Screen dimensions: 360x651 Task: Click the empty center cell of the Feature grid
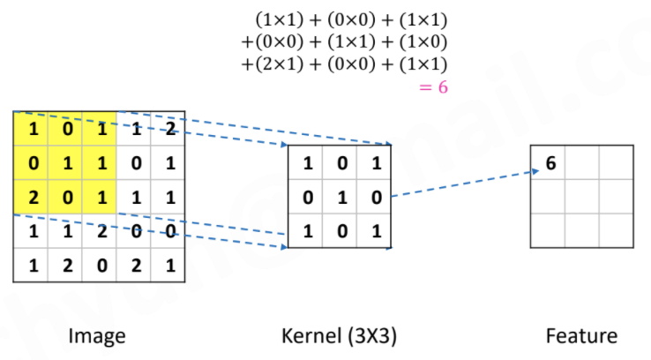582,196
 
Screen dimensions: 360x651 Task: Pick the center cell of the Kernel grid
341,196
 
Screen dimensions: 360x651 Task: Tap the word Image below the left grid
97,335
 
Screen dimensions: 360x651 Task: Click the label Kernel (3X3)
339,335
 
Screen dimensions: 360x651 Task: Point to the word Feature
581,335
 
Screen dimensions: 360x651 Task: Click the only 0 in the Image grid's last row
100,264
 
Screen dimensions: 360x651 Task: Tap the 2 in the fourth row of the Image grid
100,230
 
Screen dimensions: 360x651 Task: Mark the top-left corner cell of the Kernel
307,162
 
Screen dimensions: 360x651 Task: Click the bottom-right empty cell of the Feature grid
615,229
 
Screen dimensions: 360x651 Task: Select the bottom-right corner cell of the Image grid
168,264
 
